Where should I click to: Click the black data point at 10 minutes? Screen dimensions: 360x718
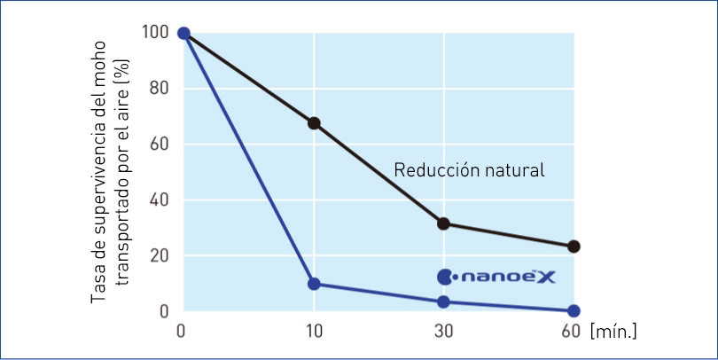314,123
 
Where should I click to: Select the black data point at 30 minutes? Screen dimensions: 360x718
443,223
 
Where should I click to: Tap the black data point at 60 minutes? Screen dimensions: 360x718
574,247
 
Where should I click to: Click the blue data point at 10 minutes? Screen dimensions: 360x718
314,284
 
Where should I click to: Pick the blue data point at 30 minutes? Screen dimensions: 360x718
443,301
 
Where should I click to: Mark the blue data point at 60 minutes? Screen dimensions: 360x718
574,311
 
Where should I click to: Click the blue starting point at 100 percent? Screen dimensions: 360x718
183,34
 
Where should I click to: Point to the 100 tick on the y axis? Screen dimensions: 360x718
154,34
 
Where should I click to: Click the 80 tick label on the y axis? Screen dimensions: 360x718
158,89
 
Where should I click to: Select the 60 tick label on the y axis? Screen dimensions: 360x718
158,145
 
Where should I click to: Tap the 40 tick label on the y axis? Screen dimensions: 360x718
158,200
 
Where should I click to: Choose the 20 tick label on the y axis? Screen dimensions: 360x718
158,256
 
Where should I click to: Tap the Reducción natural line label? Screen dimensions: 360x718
469,169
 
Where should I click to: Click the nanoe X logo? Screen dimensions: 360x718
496,277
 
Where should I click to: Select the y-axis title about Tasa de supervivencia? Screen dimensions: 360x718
110,171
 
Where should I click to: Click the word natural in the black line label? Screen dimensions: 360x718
513,169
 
